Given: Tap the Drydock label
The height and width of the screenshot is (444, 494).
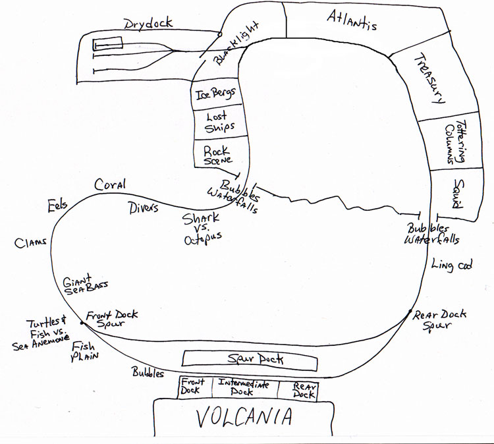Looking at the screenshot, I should point(148,24).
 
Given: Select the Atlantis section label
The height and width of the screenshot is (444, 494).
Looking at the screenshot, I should point(352,21).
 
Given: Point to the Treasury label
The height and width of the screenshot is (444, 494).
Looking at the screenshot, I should point(429,78).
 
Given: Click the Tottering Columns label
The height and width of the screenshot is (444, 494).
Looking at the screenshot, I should point(454,144).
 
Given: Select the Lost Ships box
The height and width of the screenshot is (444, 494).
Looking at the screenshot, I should point(216,123).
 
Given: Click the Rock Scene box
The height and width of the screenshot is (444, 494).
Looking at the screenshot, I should point(217,155).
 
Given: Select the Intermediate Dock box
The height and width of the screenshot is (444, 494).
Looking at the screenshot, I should point(244,388).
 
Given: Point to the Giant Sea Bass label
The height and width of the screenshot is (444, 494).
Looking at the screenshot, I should point(85,284).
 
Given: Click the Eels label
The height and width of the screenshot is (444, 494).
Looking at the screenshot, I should point(57,206).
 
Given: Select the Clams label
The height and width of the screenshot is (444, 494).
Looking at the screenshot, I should point(30,242).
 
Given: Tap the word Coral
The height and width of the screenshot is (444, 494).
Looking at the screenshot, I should point(109,184).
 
